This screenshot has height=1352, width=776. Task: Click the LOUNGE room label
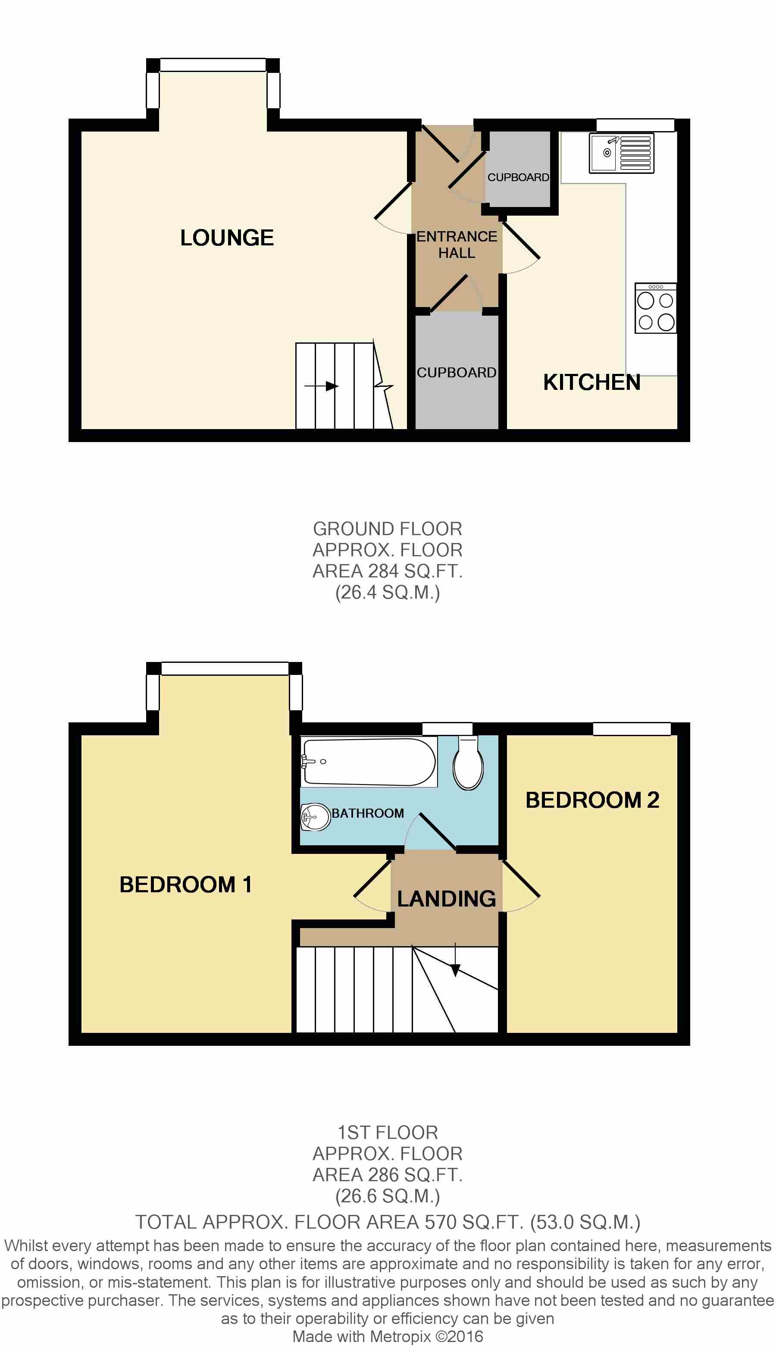[227, 238]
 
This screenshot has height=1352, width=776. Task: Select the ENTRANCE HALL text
[457, 244]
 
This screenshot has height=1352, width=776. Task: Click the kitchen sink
[621, 153]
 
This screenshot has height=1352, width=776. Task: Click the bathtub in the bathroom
[369, 761]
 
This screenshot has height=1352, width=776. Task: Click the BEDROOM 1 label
[185, 885]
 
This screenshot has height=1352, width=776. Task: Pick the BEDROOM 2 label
[592, 800]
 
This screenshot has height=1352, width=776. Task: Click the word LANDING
[447, 898]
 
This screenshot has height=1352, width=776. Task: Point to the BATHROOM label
[368, 813]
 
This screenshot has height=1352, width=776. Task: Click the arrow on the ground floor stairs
[331, 386]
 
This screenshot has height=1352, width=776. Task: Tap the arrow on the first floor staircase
[455, 970]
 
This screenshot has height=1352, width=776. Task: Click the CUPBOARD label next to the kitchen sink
[518, 177]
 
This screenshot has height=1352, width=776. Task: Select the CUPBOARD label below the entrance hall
[457, 372]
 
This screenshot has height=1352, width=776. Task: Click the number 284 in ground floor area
[383, 571]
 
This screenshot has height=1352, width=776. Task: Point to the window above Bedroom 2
[632, 728]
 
